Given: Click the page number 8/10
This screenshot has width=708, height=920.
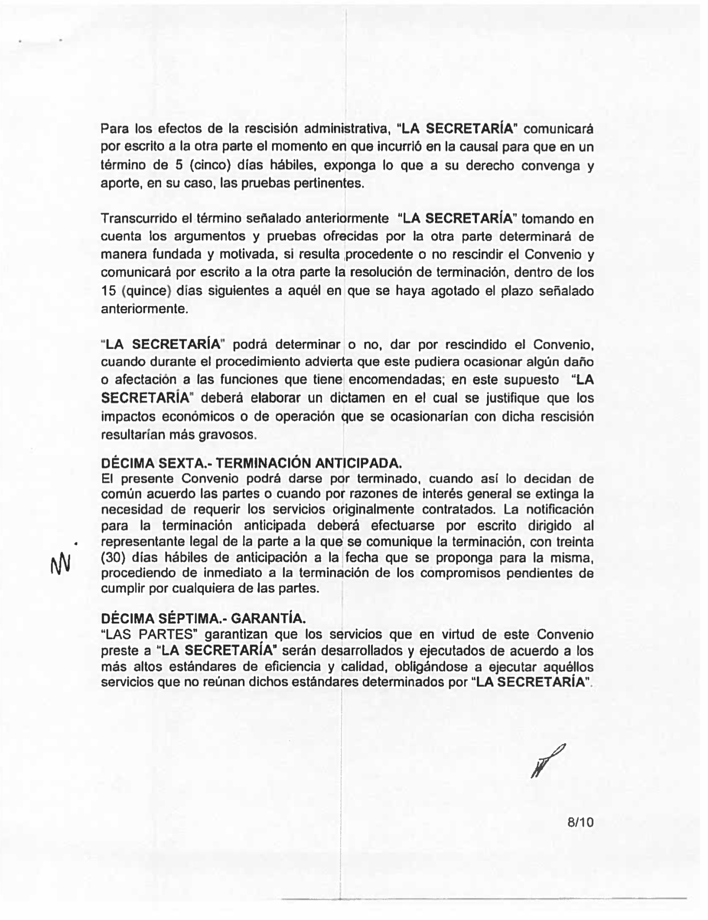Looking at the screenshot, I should coord(581,822).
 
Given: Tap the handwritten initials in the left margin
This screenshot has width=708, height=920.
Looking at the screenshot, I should coord(61,565).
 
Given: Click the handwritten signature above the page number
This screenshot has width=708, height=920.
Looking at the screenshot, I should coord(547,761).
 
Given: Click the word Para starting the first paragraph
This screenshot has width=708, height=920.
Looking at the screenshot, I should coord(115,129).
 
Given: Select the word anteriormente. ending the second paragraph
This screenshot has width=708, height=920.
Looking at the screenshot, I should coord(144,309).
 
